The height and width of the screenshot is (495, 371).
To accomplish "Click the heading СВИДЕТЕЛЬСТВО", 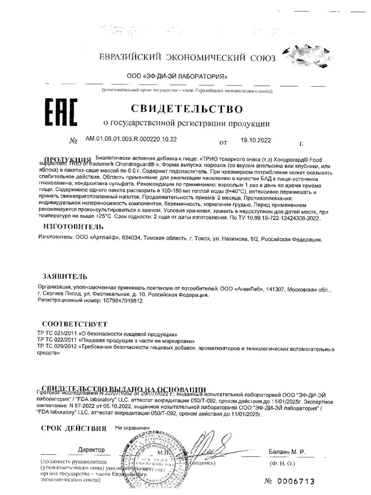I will (187, 109).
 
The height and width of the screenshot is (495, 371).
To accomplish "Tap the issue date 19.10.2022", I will (256, 140).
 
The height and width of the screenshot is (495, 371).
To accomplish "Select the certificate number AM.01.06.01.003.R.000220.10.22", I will (131, 139).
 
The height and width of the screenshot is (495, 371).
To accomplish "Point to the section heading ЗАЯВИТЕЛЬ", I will (65, 276).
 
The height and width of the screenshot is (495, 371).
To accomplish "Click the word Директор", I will (91, 450).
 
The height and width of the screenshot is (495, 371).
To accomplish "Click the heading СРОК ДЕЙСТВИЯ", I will (73, 428).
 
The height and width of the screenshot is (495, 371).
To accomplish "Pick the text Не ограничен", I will (132, 428).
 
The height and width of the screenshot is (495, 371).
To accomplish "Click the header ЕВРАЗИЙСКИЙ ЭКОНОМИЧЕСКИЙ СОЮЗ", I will (187, 58).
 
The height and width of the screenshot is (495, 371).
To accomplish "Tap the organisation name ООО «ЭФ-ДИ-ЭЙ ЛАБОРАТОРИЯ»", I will (177, 77).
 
